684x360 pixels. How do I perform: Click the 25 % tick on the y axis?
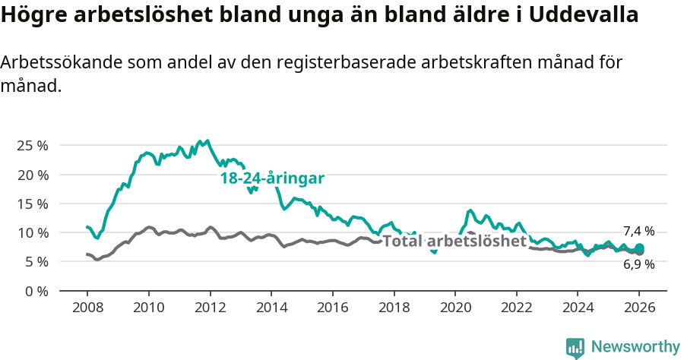point(33,145)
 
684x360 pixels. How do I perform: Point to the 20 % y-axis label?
point(33,175)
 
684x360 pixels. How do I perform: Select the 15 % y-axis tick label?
point(33,204)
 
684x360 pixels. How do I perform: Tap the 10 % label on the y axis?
point(33,232)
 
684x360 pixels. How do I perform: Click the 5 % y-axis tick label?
point(36,261)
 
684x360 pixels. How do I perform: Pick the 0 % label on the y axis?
point(36,291)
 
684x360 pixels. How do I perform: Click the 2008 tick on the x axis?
point(87,308)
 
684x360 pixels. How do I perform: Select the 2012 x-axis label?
point(210,308)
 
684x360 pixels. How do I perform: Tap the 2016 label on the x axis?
point(332,308)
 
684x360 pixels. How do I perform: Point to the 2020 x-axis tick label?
point(455,308)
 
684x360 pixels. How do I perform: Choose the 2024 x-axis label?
point(578,308)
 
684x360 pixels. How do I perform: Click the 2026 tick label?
point(639,308)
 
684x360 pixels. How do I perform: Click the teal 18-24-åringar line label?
point(272,178)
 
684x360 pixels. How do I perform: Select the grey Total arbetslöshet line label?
point(454,241)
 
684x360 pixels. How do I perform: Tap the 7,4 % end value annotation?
point(638,231)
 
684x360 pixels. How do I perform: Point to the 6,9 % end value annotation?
point(638,264)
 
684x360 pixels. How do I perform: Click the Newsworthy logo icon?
point(575,348)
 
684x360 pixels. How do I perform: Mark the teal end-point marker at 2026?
point(639,248)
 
